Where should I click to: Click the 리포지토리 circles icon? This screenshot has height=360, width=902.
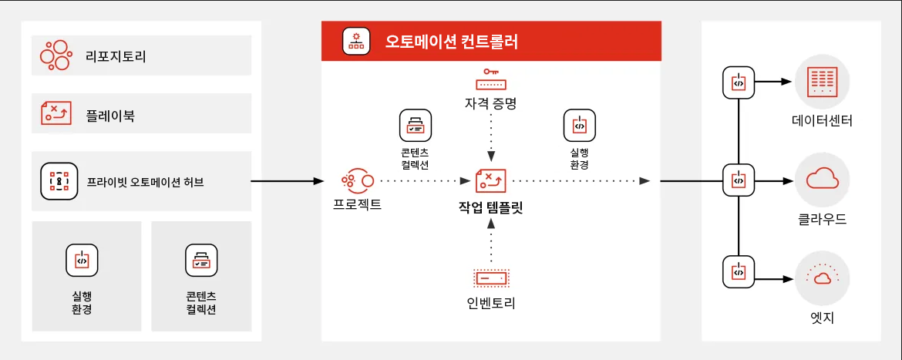pos(57,56)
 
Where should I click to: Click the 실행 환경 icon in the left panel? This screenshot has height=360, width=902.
pos(82,261)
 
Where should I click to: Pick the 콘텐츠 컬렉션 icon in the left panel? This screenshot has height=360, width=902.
pos(201,261)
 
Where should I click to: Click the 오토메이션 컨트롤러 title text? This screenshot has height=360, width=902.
pos(451,41)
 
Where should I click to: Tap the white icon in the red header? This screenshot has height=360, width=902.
pos(356,41)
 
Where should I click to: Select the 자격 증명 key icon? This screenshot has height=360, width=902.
pos(490,80)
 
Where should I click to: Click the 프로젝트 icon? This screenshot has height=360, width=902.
pos(357,181)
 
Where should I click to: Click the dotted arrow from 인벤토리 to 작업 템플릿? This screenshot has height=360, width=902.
pos(490,243)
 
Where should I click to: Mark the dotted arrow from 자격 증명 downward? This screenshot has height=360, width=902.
pos(490,139)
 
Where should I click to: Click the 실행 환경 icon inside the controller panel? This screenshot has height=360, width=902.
pos(579,123)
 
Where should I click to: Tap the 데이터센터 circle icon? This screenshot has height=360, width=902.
pos(822,82)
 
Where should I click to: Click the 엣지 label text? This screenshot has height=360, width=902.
pos(822,317)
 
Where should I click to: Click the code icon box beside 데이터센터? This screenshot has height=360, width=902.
pos(739,82)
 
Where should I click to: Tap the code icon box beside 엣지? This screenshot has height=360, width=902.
pos(739,272)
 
